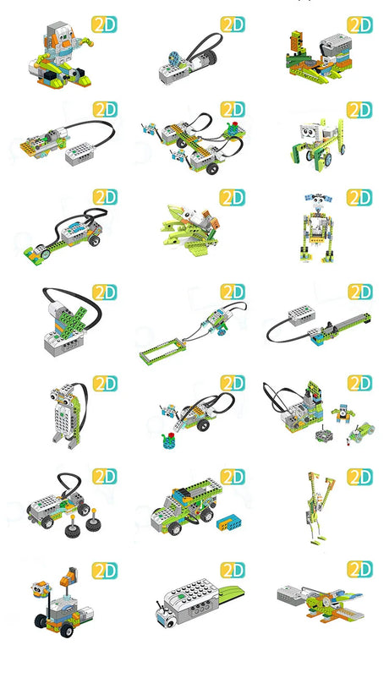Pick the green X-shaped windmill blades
click(74, 319)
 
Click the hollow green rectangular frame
click(163, 352)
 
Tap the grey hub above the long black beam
click(301, 315)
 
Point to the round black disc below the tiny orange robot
click(323, 435)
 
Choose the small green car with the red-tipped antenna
click(362, 431)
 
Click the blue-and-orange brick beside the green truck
click(229, 522)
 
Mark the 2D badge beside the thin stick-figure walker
click(359, 477)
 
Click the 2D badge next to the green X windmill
click(104, 293)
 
